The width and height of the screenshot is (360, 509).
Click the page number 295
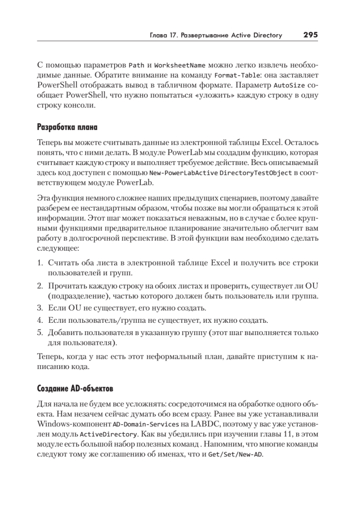tap(310, 35)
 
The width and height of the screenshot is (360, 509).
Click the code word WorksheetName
tap(180, 66)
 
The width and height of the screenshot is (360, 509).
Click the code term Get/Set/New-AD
tap(235, 454)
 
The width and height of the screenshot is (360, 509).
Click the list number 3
tap(40, 307)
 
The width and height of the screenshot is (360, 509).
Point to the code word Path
tap(137, 66)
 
